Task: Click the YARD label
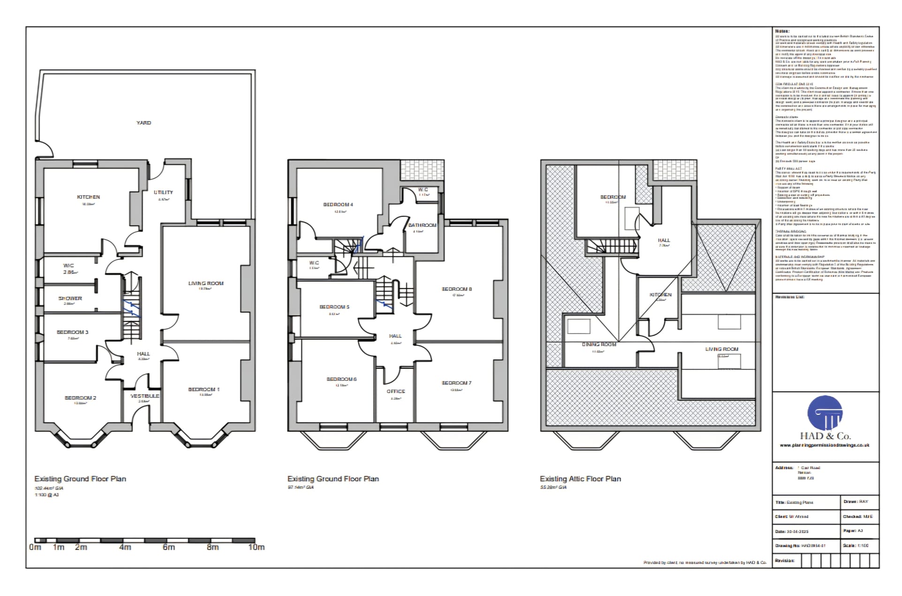pyautogui.click(x=143, y=122)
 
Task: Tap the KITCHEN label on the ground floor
pyautogui.click(x=88, y=197)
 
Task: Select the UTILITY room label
pyautogui.click(x=163, y=192)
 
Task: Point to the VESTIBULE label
pyautogui.click(x=145, y=396)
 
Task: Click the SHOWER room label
pyautogui.click(x=70, y=298)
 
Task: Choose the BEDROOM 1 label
pyautogui.click(x=204, y=390)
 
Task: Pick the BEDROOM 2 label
pyautogui.click(x=80, y=398)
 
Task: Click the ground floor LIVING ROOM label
pyautogui.click(x=206, y=283)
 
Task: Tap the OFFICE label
pyautogui.click(x=396, y=391)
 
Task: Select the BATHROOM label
pyautogui.click(x=422, y=225)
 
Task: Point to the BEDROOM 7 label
pyautogui.click(x=457, y=383)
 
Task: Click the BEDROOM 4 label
pyautogui.click(x=338, y=205)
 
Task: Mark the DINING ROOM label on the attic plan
pyautogui.click(x=599, y=344)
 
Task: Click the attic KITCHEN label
pyautogui.click(x=660, y=295)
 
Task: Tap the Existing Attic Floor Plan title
pyautogui.click(x=580, y=479)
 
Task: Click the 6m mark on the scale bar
pyautogui.click(x=169, y=547)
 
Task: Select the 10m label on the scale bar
pyautogui.click(x=256, y=547)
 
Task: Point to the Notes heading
pyautogui.click(x=782, y=31)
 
